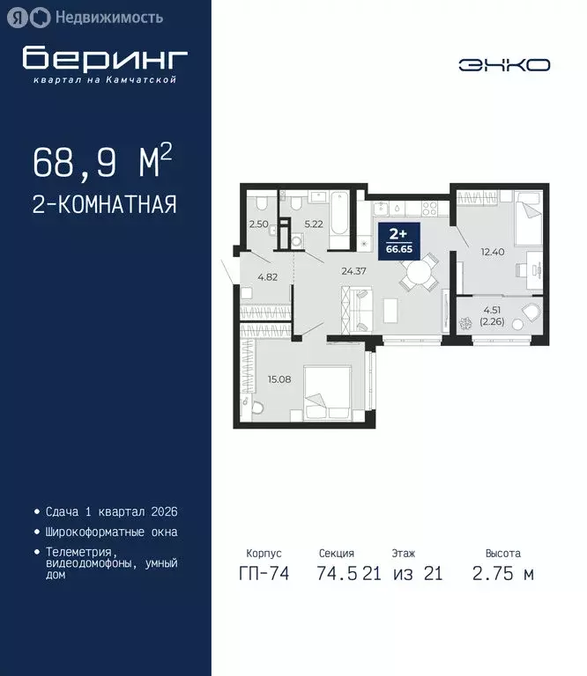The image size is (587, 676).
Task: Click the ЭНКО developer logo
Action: pyautogui.click(x=504, y=64)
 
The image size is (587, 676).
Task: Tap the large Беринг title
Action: pyautogui.click(x=105, y=58)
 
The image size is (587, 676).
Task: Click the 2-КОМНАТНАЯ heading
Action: pyautogui.click(x=104, y=205)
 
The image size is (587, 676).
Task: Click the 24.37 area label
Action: pyautogui.click(x=353, y=271)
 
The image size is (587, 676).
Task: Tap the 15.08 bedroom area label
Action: pyautogui.click(x=279, y=380)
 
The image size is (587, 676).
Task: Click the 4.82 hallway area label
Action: pyautogui.click(x=267, y=276)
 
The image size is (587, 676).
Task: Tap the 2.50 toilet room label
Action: pyautogui.click(x=258, y=225)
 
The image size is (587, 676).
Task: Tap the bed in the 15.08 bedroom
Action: pyautogui.click(x=330, y=391)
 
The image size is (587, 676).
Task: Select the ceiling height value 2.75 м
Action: pyautogui.click(x=502, y=574)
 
